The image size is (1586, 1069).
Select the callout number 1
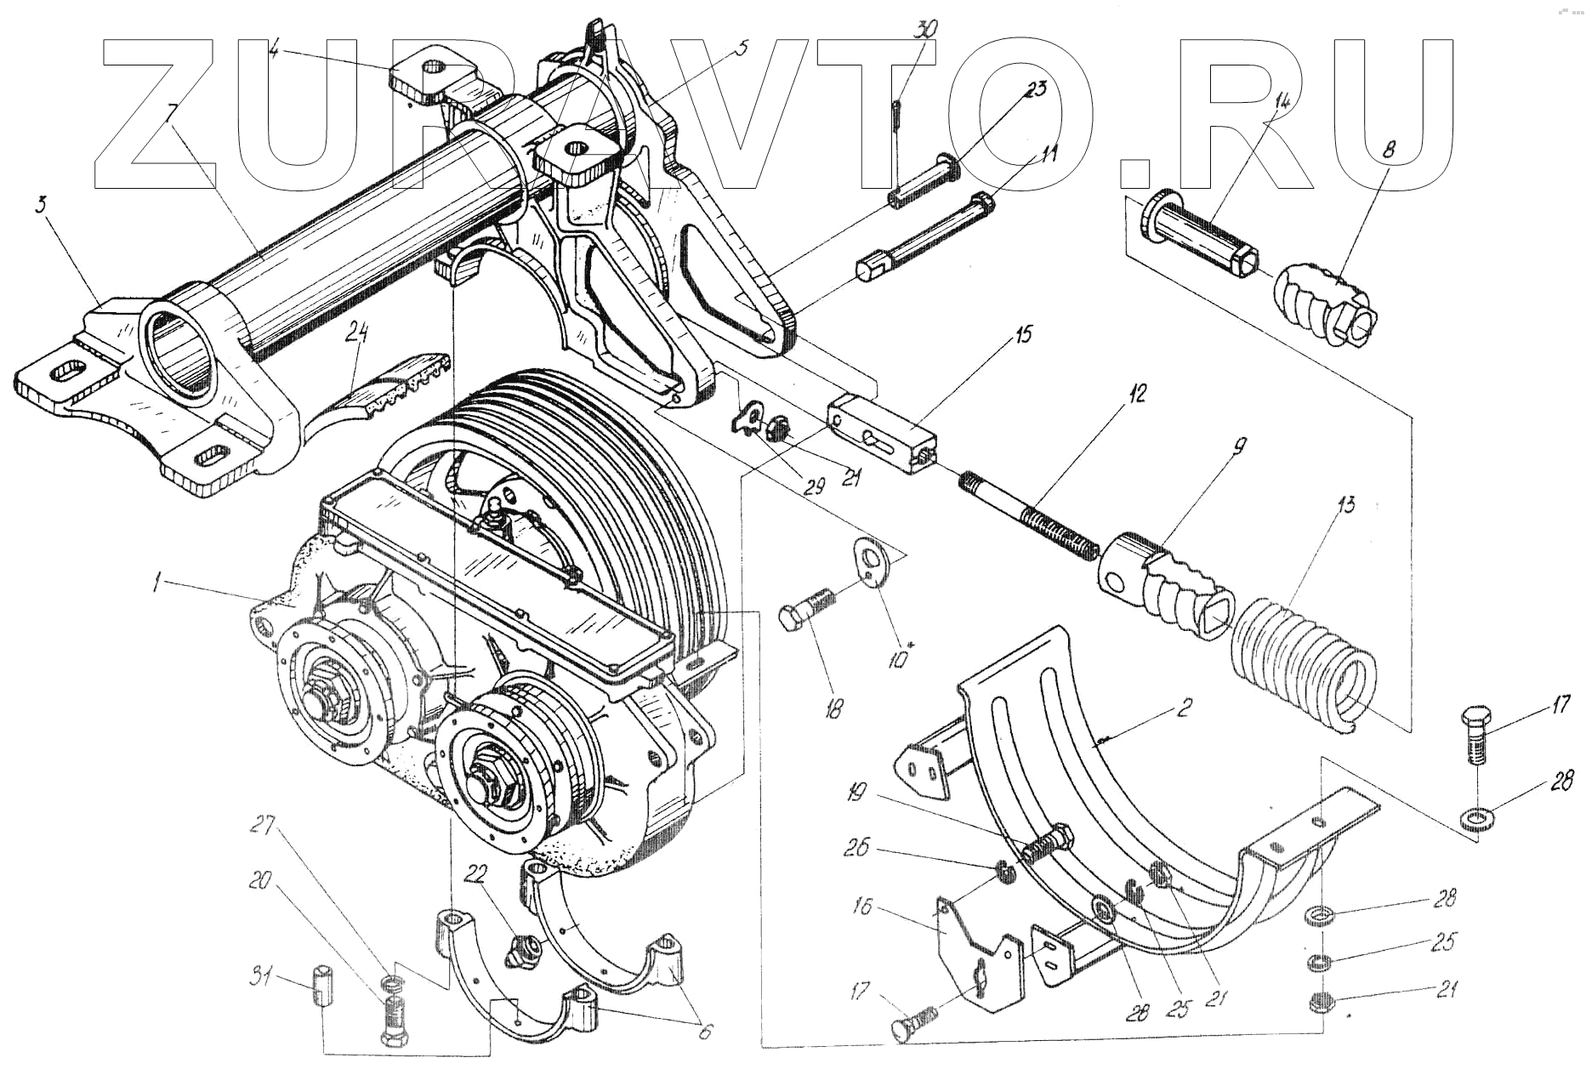[x=156, y=583]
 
